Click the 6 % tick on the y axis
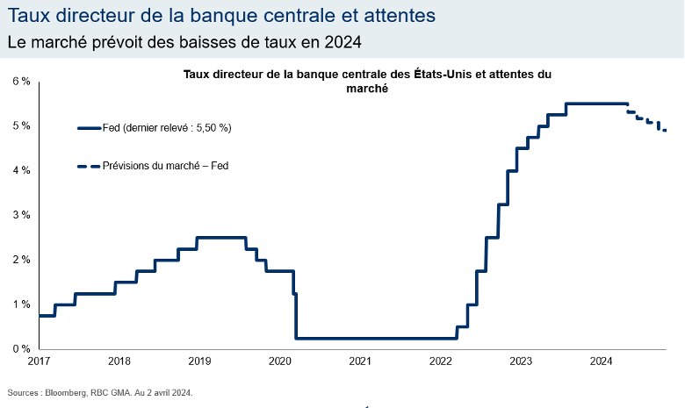pos(21,81)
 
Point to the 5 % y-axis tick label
pos(21,125)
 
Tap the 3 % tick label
pos(21,215)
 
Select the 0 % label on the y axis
pos(21,349)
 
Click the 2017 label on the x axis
pos(39,361)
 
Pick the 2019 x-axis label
pos(199,361)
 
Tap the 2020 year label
pos(279,361)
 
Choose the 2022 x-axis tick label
pos(440,361)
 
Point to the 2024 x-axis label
pos(601,361)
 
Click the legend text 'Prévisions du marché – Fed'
pos(165,165)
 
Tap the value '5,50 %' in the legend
pos(211,128)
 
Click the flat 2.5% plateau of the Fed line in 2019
pos(220,237)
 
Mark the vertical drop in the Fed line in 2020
pos(296,316)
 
